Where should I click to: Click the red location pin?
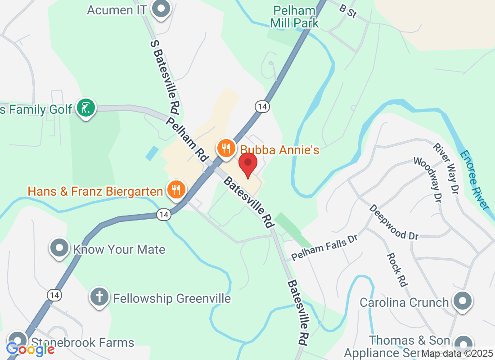point(247,164)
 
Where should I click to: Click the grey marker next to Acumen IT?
point(159,9)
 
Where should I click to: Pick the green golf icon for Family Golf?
point(86,108)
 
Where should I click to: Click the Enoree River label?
point(474,180)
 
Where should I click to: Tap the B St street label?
point(348,11)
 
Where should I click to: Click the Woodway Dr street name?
point(427,180)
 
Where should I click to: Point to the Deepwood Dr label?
point(394,222)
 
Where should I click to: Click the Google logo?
point(30,349)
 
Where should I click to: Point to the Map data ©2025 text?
point(457,354)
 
